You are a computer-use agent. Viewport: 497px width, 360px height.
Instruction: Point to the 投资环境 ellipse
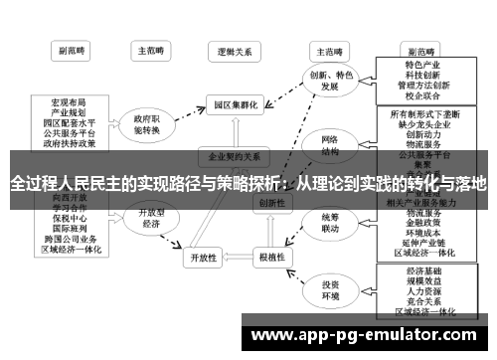[329, 291]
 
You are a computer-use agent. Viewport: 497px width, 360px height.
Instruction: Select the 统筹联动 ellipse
[329, 224]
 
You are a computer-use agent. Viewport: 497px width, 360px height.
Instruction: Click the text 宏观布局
[67, 102]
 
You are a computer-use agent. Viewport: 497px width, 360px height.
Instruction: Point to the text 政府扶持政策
[67, 142]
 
